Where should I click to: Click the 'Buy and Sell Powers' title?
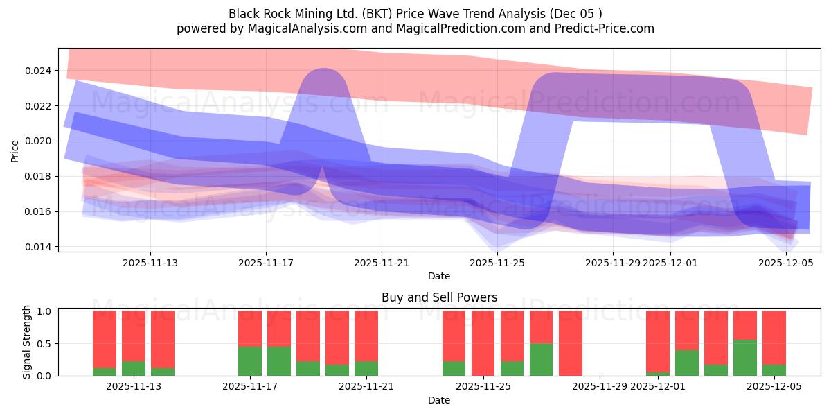(439, 297)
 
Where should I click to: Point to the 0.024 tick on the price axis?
(38, 71)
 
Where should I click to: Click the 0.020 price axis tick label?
(38, 141)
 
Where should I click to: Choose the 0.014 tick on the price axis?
(38, 247)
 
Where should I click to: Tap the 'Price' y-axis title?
(15, 150)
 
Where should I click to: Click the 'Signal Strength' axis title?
(27, 342)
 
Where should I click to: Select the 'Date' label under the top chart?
(439, 276)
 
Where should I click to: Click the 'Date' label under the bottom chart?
(439, 400)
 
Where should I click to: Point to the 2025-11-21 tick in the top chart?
(382, 263)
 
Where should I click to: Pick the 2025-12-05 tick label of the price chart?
(786, 263)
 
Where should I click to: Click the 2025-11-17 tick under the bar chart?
(249, 386)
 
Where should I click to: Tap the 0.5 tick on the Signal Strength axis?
(44, 344)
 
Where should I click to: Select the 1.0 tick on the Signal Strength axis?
(44, 311)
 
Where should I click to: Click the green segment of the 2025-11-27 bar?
(541, 360)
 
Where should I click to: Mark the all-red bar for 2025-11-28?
(570, 343)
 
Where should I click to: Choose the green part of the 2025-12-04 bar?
(744, 358)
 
